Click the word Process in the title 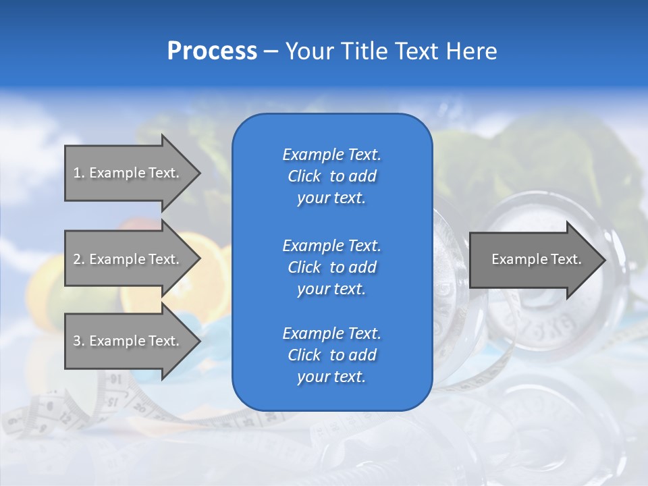pos(212,51)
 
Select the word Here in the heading pos(469,51)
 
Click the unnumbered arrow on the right pos(536,259)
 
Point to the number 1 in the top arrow pos(77,173)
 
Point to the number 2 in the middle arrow pos(77,259)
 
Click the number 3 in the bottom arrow pos(77,341)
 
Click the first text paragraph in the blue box pos(331,175)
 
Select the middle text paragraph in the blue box pos(331,267)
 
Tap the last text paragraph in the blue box pos(331,355)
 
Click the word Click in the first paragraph pos(304,176)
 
